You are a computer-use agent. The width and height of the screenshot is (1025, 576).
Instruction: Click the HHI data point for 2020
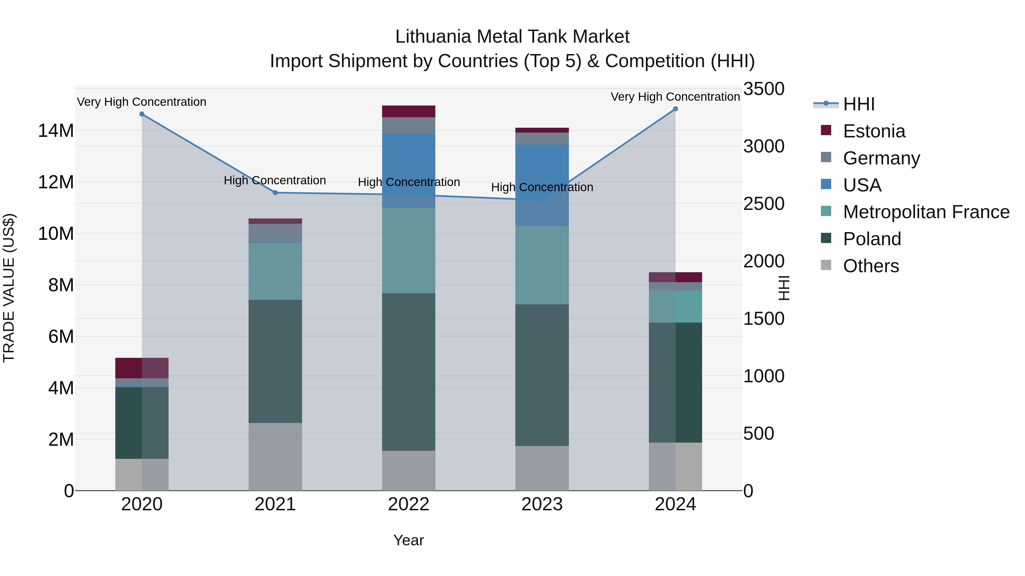pos(142,114)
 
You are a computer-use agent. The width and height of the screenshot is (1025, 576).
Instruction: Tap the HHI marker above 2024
pos(675,109)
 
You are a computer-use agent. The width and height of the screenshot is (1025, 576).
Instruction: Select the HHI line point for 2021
pos(275,193)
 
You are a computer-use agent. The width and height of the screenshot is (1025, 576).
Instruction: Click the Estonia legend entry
pos(874,131)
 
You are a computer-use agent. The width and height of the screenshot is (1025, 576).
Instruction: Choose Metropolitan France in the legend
pos(926,212)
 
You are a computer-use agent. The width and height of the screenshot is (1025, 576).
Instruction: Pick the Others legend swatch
pos(826,265)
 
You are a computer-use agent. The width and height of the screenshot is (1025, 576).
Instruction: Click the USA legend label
pos(862,185)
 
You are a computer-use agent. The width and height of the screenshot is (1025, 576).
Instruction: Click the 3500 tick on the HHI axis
pos(764,89)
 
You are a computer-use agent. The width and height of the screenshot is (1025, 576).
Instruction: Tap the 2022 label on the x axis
pos(409,504)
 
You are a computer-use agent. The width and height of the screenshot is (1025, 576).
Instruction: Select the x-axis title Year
pos(409,540)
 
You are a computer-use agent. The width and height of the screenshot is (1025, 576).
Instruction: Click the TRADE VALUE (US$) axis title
pos(9,288)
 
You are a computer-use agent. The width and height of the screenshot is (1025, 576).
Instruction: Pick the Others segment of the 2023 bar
pos(542,468)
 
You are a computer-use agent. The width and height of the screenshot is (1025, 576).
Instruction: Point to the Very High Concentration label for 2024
pos(675,97)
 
